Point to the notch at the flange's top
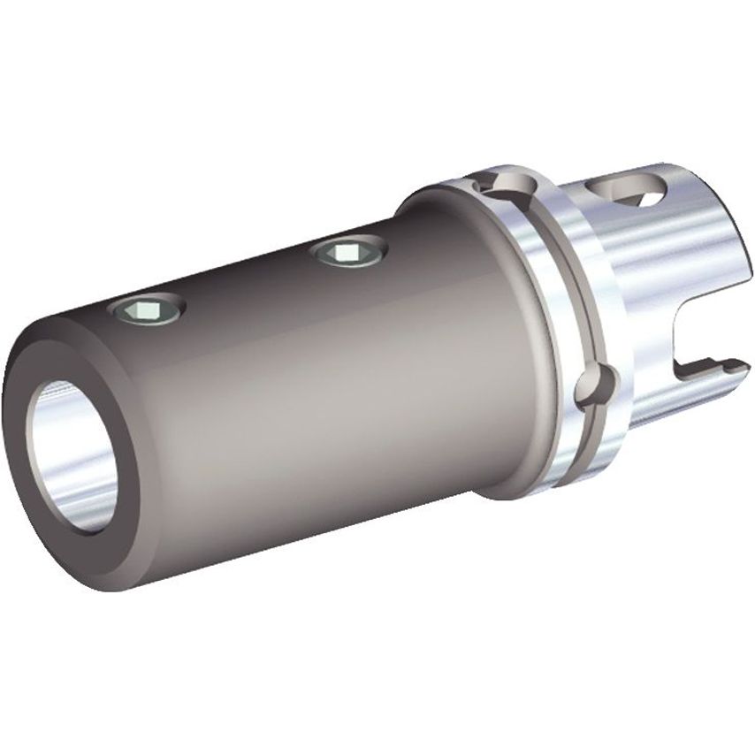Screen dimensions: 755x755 click(505, 184)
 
